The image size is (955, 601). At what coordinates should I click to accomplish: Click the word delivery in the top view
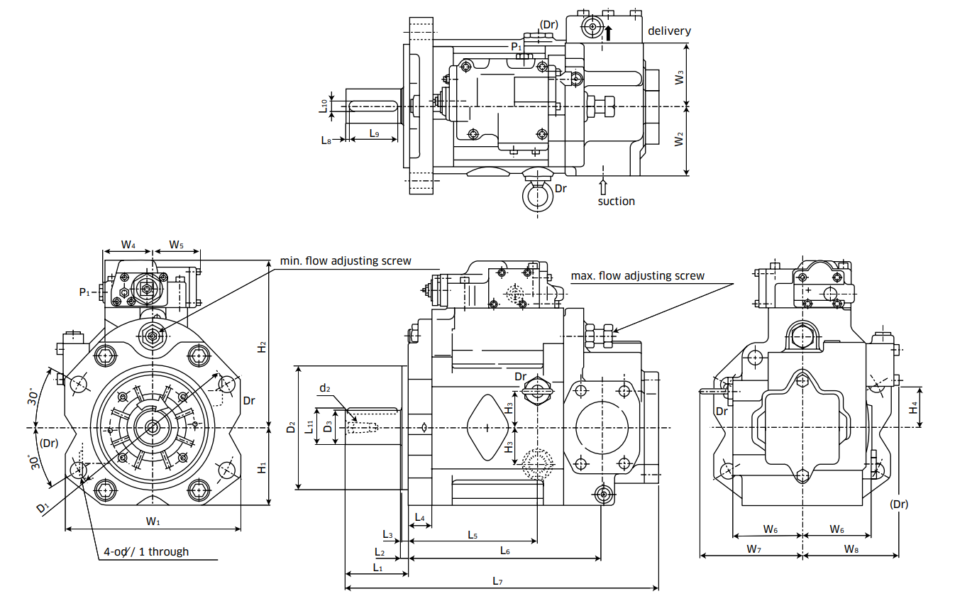coord(668,31)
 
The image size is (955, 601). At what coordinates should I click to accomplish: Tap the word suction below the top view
coord(616,201)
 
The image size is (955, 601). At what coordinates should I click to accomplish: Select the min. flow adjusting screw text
coord(345,260)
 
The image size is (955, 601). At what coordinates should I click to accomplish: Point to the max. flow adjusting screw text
coord(638,275)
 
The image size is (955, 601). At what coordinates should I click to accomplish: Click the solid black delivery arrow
coord(608,32)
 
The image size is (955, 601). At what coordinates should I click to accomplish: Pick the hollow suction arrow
coord(603,187)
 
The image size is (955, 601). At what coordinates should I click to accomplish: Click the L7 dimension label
coord(497,581)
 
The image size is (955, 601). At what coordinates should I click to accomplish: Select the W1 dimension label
coord(153,522)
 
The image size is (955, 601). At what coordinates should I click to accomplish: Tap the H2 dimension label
coord(262,347)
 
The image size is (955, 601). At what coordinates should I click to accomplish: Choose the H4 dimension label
coord(914,407)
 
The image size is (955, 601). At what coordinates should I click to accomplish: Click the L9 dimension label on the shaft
coord(374,133)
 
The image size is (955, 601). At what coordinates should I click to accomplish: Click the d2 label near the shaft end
coord(325,387)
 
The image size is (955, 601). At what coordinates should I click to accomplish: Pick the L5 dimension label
coord(473,534)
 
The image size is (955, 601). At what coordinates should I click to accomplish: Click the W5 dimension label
coord(176,245)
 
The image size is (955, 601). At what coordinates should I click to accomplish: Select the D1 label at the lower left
coord(43,508)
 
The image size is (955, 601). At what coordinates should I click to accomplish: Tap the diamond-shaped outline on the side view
coord(489,428)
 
